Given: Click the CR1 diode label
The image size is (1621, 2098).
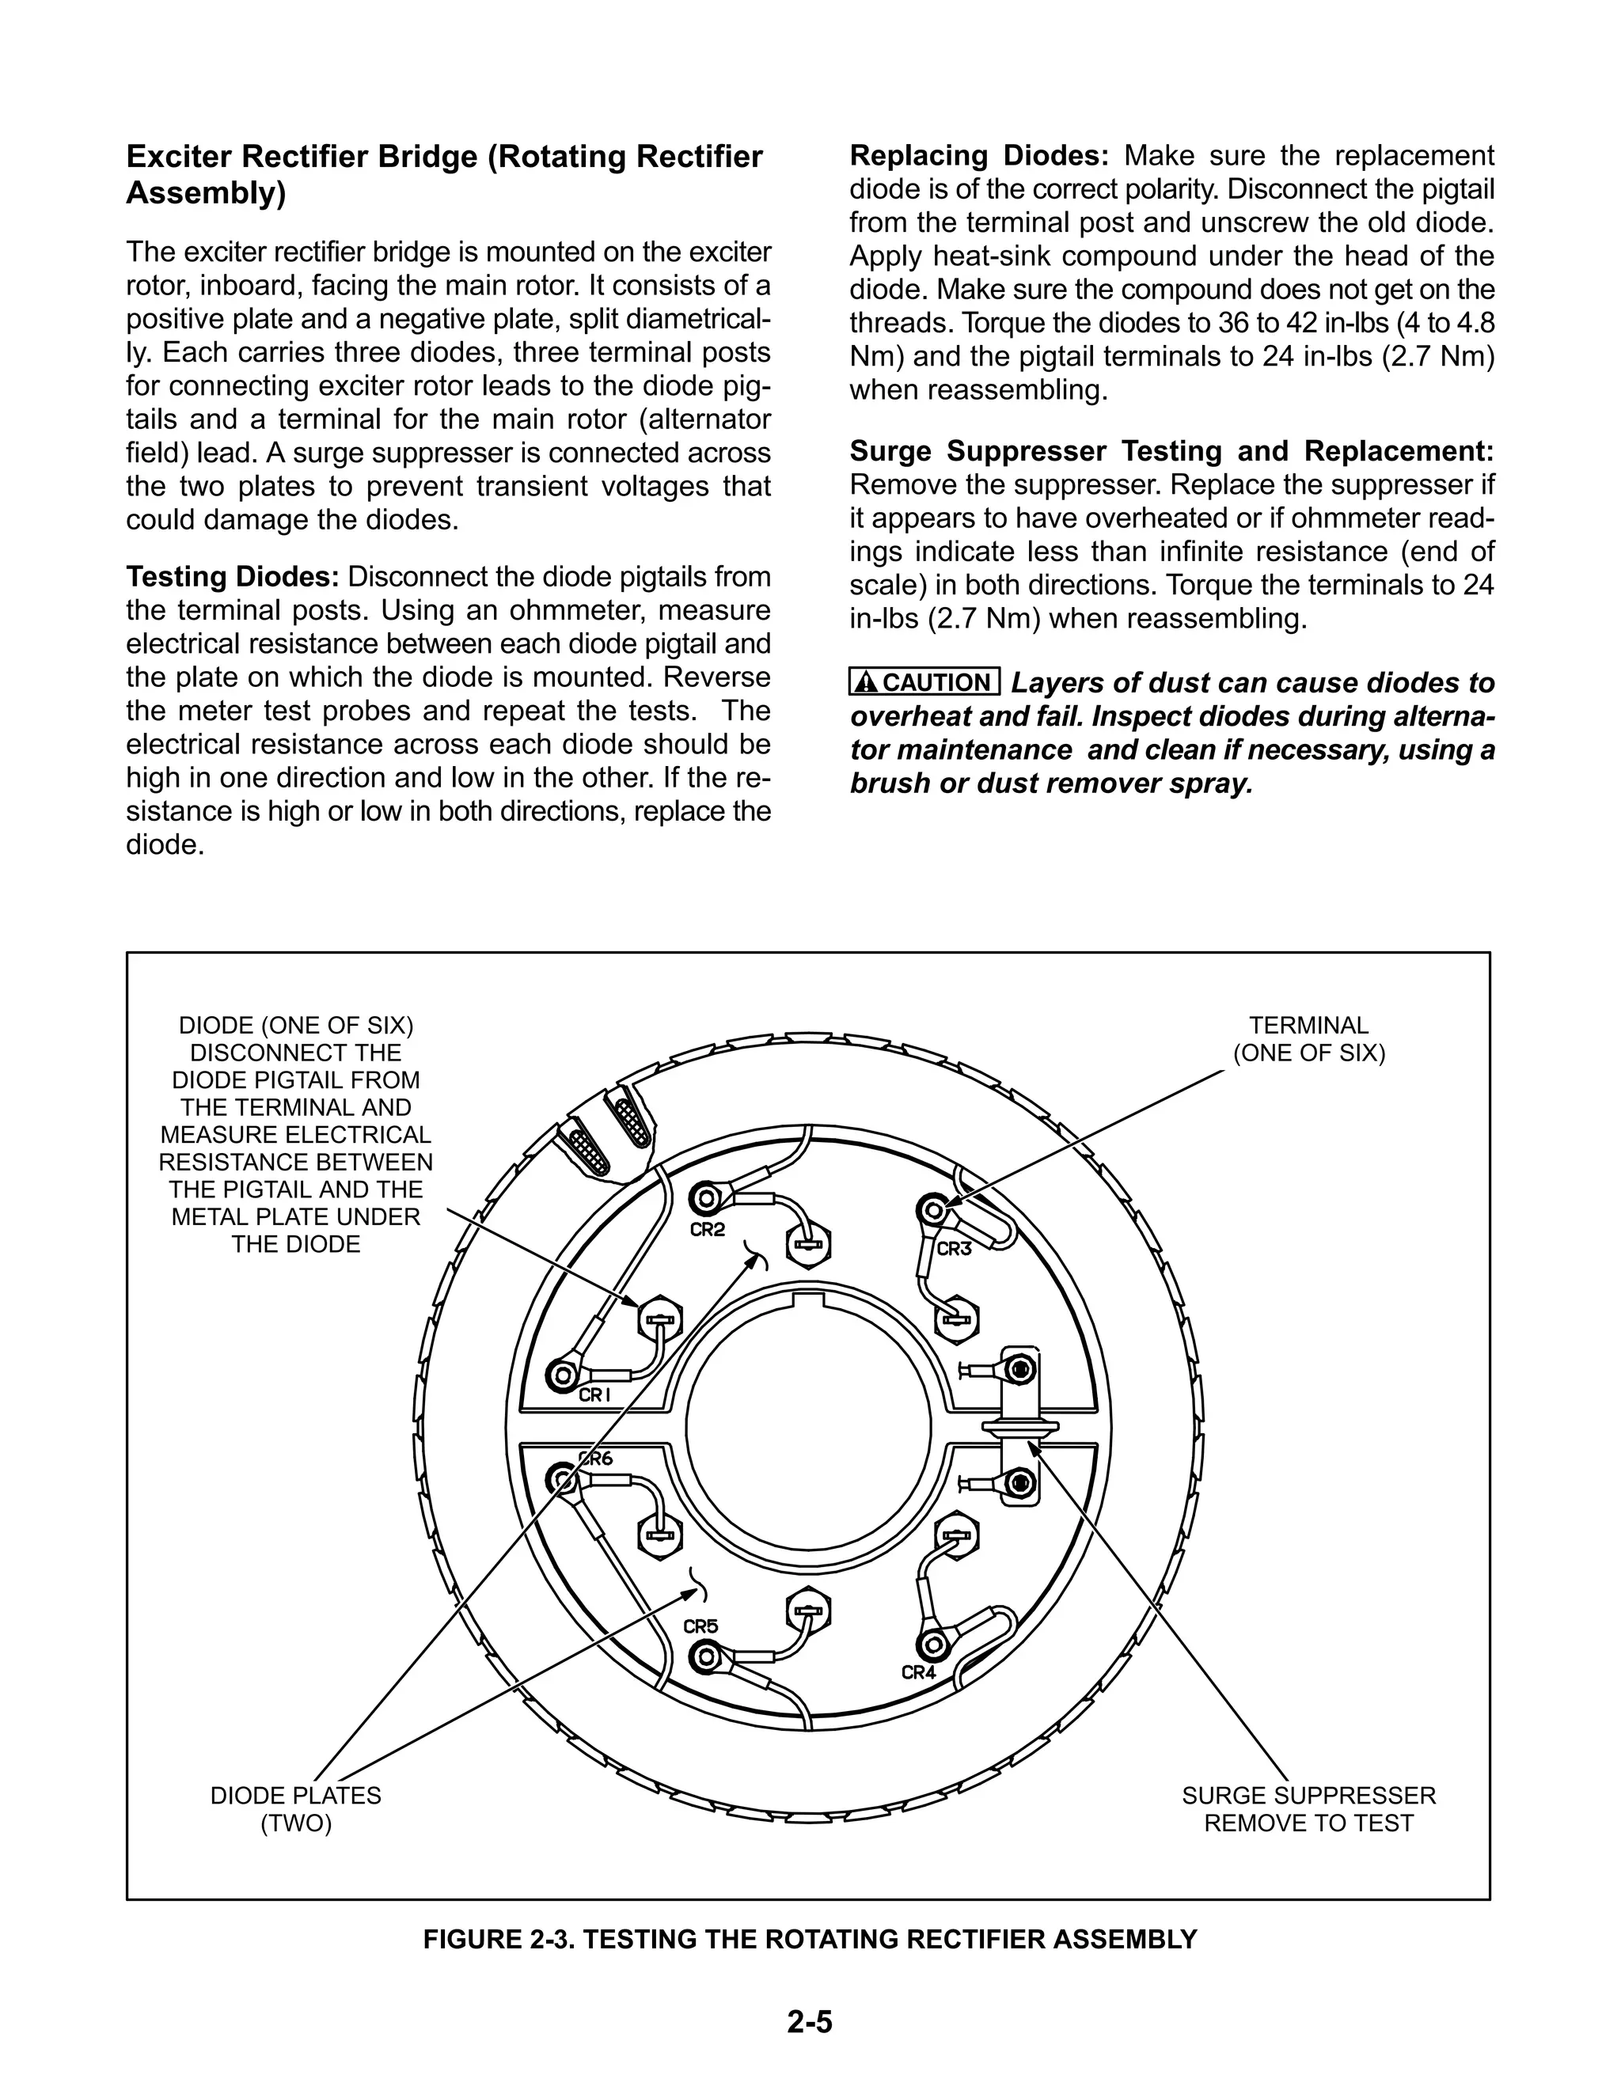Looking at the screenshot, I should pos(594,1394).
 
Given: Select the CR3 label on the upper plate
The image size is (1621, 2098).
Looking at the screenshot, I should pos(953,1249).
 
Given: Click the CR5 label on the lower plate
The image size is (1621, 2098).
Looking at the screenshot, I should pos(700,1626).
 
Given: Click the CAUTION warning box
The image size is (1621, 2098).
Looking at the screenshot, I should pos(924,682).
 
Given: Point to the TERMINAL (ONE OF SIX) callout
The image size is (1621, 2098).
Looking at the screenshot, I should pos(1308,1039).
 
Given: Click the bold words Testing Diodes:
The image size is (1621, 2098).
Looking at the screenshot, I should pos(233,578).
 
